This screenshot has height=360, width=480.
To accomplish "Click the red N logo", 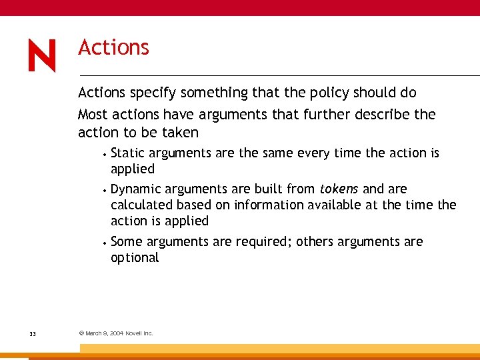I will point(42,55).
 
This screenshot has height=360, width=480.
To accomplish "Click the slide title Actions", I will point(113,48).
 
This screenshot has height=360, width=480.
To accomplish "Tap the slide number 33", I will point(33,333).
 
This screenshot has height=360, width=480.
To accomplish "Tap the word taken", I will point(181,133).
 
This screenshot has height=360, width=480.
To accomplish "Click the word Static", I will point(128,153).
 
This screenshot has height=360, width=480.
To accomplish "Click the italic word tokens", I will point(339,189).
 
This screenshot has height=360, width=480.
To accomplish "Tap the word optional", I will point(135,258).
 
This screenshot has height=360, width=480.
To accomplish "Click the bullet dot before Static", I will point(106,153).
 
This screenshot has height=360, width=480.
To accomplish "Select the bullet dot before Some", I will point(106,241).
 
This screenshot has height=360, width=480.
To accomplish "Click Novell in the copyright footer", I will point(133,333).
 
